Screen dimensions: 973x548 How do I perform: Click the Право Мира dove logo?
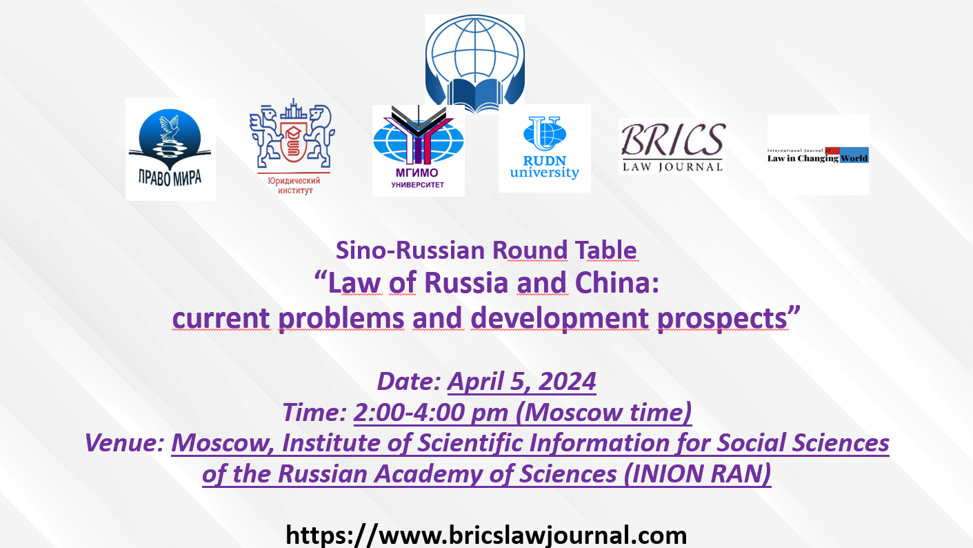[170, 149]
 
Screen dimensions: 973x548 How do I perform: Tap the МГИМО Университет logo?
[419, 149]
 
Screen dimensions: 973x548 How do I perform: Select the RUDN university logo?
[544, 148]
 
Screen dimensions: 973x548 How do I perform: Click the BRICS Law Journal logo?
[672, 146]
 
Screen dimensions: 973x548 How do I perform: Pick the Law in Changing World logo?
[818, 155]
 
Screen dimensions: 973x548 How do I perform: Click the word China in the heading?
[616, 283]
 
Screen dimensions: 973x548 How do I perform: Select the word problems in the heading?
[341, 318]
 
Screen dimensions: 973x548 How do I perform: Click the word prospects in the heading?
[723, 318]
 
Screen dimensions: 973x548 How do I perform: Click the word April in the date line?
[474, 382]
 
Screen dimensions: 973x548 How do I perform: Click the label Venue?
[125, 443]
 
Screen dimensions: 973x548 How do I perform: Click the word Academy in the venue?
[429, 474]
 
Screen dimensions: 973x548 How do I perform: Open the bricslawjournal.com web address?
[486, 535]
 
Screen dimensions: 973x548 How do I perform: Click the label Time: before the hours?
[314, 412]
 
